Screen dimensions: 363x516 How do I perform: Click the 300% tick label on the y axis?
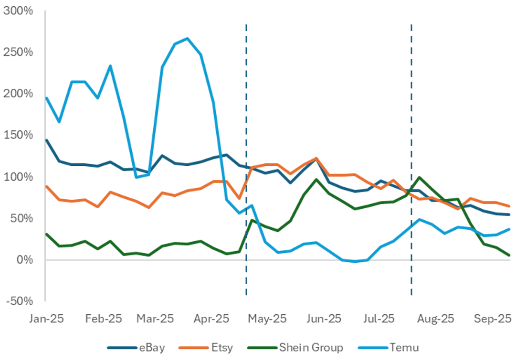point(18,11)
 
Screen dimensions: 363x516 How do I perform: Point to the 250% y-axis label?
point(18,52)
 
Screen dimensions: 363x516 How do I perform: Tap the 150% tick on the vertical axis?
point(18,135)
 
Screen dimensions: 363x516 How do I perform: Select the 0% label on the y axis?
point(23,260)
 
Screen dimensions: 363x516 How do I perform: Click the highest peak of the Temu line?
point(187,38)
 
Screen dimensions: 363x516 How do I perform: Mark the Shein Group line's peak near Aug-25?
point(419,177)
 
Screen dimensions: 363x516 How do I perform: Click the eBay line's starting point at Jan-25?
point(46,140)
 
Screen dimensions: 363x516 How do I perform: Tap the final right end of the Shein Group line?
point(509,255)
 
